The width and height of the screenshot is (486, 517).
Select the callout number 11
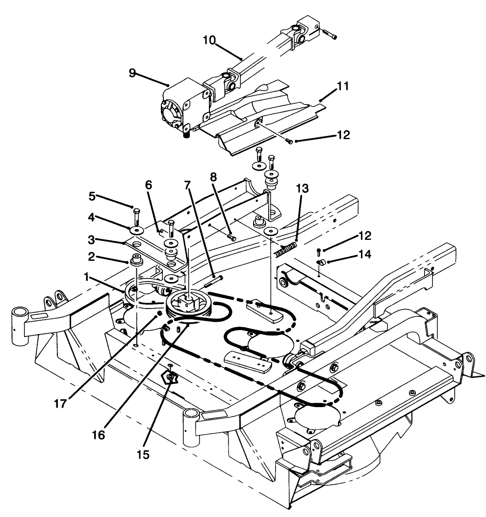coord(343,86)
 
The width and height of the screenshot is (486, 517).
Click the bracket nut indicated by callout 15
coord(170,376)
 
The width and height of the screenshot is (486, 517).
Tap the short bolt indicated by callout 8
coord(231,237)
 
